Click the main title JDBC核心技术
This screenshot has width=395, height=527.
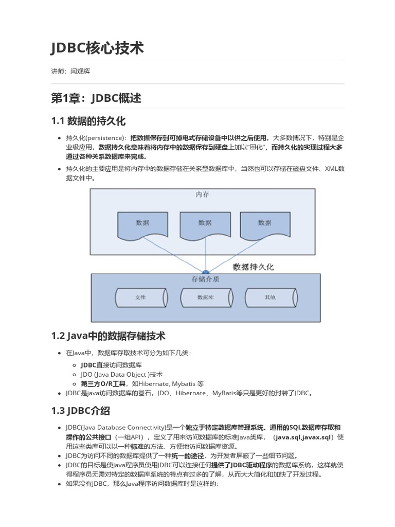point(97,48)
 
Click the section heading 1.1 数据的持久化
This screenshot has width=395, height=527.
point(88,121)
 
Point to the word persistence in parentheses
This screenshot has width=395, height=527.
point(107,138)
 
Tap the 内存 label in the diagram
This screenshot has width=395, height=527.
point(202,195)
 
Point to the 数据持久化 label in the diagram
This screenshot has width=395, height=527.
point(253,267)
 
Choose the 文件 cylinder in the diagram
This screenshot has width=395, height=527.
point(141,298)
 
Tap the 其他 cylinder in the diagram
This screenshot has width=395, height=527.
point(270,298)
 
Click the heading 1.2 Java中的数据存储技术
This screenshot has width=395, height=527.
point(108,336)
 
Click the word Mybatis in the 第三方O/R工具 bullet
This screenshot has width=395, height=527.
point(182,383)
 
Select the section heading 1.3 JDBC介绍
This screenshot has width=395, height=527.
point(80,411)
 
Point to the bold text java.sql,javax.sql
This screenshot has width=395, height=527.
point(303,437)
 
